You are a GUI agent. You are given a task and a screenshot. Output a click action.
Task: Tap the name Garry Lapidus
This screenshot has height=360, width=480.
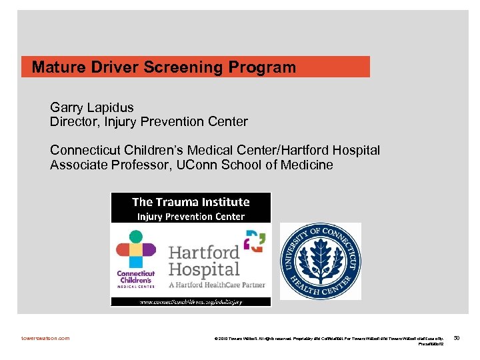pos(92,107)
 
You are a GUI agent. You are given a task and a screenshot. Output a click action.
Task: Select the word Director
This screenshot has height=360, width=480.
pos(73,122)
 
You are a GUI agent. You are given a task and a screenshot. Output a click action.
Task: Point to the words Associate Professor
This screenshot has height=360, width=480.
pos(107,165)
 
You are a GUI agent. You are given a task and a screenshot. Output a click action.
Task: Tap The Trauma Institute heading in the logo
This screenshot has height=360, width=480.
pos(191,202)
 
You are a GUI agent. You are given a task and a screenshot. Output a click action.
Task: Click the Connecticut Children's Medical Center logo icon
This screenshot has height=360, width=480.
pos(135,250)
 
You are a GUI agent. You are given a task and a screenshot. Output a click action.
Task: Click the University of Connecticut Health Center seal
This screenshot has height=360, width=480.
pos(320,261)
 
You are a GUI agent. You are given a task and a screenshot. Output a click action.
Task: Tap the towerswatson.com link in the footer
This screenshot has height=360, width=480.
pos(45,338)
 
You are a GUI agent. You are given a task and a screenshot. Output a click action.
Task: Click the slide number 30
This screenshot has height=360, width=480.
pos(457,338)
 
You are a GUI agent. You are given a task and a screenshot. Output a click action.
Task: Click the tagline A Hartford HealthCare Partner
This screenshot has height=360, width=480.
pos(217,285)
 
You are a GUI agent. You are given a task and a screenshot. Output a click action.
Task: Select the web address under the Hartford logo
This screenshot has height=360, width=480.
pos(191,301)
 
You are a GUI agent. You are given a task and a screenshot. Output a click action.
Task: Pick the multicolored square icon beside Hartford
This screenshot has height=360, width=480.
pos(254,241)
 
